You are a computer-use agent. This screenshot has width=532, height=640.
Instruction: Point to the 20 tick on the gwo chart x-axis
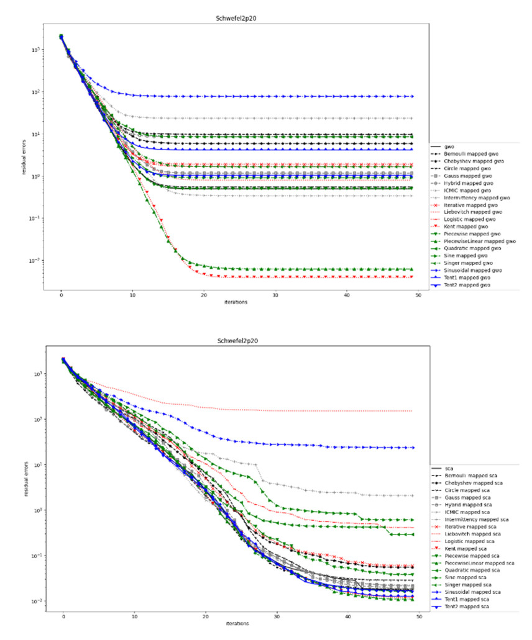point(204,297)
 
